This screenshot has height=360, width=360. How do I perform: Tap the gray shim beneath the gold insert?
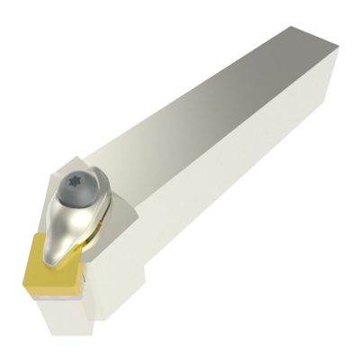76,286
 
